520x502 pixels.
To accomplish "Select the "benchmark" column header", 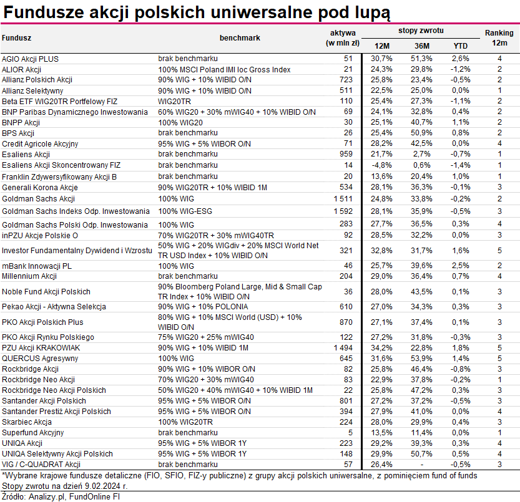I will pyautogui.click(x=240, y=38).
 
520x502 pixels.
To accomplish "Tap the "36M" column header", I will pyautogui.click(x=422, y=46).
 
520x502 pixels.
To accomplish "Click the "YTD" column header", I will pyautogui.click(x=461, y=46).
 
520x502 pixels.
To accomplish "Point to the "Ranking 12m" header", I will pyautogui.click(x=499, y=37).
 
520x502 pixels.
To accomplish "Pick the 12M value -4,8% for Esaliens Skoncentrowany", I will pyautogui.click(x=381, y=164).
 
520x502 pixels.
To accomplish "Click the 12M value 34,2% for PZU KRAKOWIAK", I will pyautogui.click(x=381, y=347).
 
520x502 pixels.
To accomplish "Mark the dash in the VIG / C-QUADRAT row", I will pyautogui.click(x=422, y=464).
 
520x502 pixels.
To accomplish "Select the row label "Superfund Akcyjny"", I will pyautogui.click(x=32, y=432).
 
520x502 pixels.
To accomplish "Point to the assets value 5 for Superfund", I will pyautogui.click(x=350, y=432).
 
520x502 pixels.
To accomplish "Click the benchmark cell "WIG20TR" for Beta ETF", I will pyautogui.click(x=175, y=100).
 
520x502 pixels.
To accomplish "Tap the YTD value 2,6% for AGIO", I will pyautogui.click(x=461, y=58).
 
